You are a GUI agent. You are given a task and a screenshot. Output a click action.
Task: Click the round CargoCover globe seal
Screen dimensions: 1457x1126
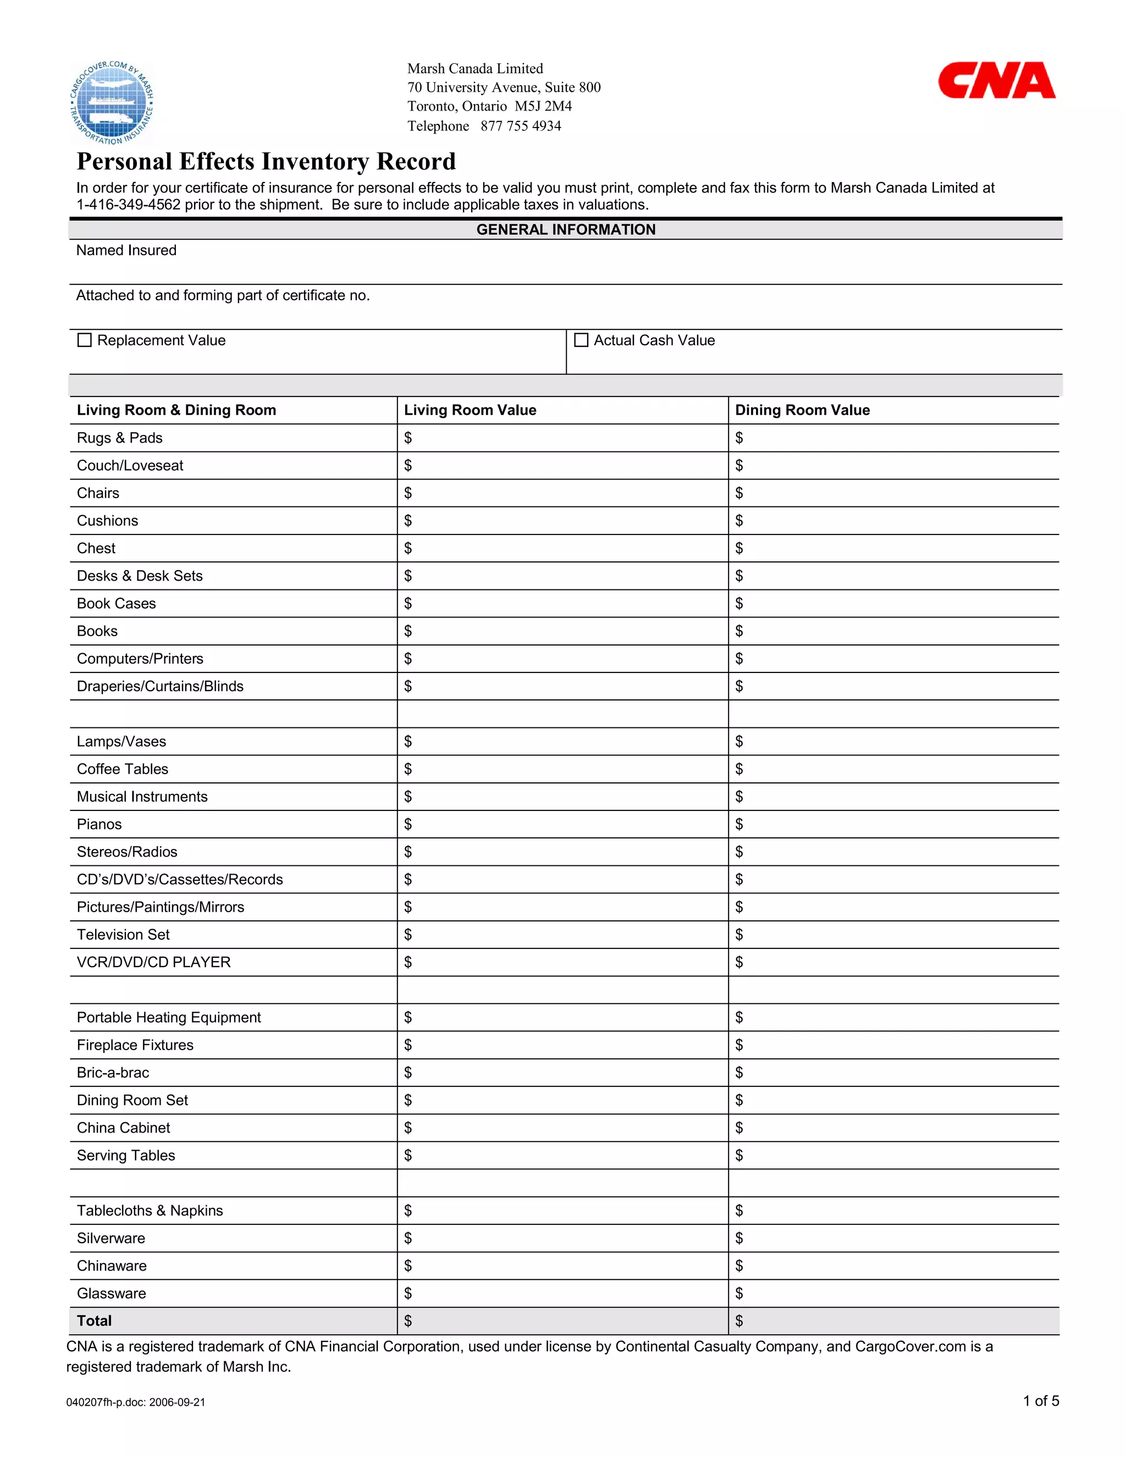click(x=112, y=103)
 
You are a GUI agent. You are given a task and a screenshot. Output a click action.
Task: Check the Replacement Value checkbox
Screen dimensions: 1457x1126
click(x=85, y=340)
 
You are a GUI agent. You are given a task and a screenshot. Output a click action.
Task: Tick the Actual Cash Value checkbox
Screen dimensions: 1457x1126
click(x=581, y=340)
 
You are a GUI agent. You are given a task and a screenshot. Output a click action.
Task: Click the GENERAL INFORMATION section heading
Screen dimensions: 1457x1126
click(x=565, y=229)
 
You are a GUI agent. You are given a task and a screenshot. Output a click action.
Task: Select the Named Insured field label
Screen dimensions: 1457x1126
click(x=126, y=250)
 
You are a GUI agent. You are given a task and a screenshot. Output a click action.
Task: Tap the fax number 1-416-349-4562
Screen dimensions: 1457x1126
click(x=128, y=205)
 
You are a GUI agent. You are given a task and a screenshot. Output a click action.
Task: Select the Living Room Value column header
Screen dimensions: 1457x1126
click(x=470, y=410)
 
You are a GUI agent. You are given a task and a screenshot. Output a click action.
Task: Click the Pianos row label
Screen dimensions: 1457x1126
click(x=100, y=825)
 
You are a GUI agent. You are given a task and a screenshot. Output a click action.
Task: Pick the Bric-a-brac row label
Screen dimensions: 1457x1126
click(x=113, y=1073)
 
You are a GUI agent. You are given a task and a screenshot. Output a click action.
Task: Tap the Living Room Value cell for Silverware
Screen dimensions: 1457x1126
click(x=562, y=1238)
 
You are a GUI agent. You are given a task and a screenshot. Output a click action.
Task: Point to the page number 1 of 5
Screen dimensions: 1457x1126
click(x=1041, y=1401)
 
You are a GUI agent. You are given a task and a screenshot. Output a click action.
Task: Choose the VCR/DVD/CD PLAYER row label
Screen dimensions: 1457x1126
click(x=153, y=962)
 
